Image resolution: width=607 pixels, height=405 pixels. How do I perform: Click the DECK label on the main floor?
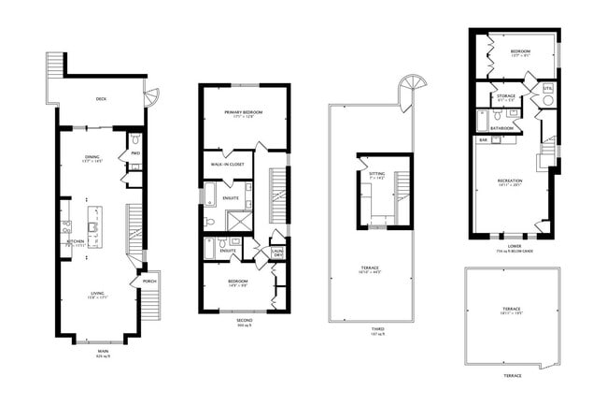pyautogui.click(x=100, y=97)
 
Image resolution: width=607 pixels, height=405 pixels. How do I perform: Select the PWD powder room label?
pyautogui.click(x=134, y=153)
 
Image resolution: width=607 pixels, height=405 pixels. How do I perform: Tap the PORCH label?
pyautogui.click(x=148, y=281)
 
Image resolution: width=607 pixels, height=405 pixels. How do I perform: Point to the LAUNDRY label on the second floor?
pyautogui.click(x=277, y=253)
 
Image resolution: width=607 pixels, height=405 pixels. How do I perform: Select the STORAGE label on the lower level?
pyautogui.click(x=506, y=96)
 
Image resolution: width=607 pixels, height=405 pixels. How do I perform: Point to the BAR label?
pyautogui.click(x=484, y=140)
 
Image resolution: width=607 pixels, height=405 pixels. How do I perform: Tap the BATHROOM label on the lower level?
pyautogui.click(x=502, y=127)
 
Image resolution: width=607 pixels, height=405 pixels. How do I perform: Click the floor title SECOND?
pyautogui.click(x=243, y=320)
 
